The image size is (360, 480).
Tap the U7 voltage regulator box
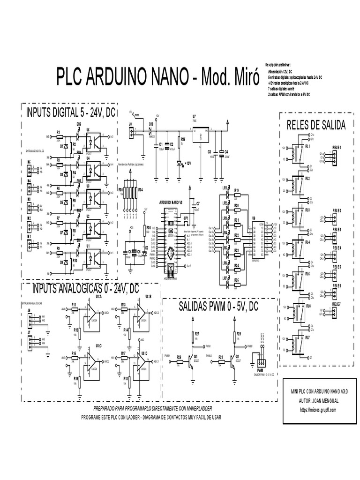[x=201, y=136]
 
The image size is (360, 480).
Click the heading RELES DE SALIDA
[x=315, y=125]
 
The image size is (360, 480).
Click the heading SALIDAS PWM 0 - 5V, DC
[x=218, y=307]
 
